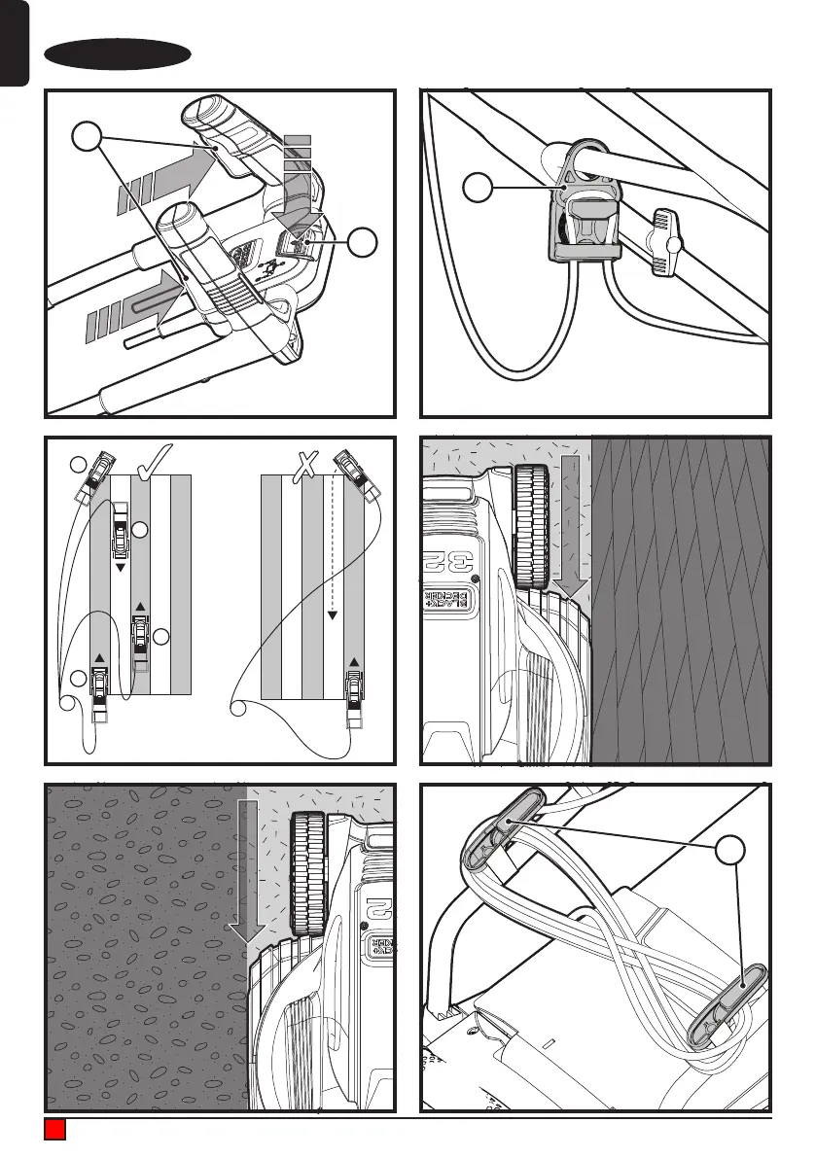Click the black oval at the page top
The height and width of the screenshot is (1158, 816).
tap(119, 54)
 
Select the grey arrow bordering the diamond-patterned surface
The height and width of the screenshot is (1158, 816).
tap(574, 531)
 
